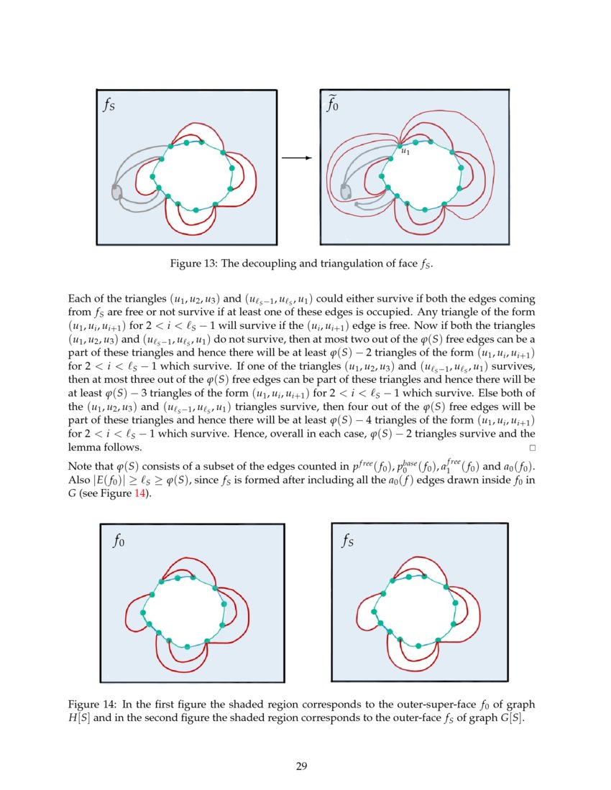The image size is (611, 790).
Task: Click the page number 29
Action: [302, 766]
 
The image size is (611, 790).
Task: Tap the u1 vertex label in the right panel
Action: [405, 152]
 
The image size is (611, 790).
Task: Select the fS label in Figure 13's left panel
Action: [109, 107]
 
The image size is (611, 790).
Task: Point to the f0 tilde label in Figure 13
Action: [334, 106]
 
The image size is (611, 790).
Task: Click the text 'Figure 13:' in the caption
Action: [193, 264]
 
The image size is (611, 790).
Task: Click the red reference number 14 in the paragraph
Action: [142, 495]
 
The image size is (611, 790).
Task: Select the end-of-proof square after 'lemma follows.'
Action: [533, 447]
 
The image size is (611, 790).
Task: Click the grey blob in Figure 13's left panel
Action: [116, 191]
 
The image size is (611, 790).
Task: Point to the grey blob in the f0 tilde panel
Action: [346, 190]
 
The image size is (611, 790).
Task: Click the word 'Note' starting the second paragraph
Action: [79, 468]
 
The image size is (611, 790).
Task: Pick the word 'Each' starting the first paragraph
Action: [78, 297]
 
